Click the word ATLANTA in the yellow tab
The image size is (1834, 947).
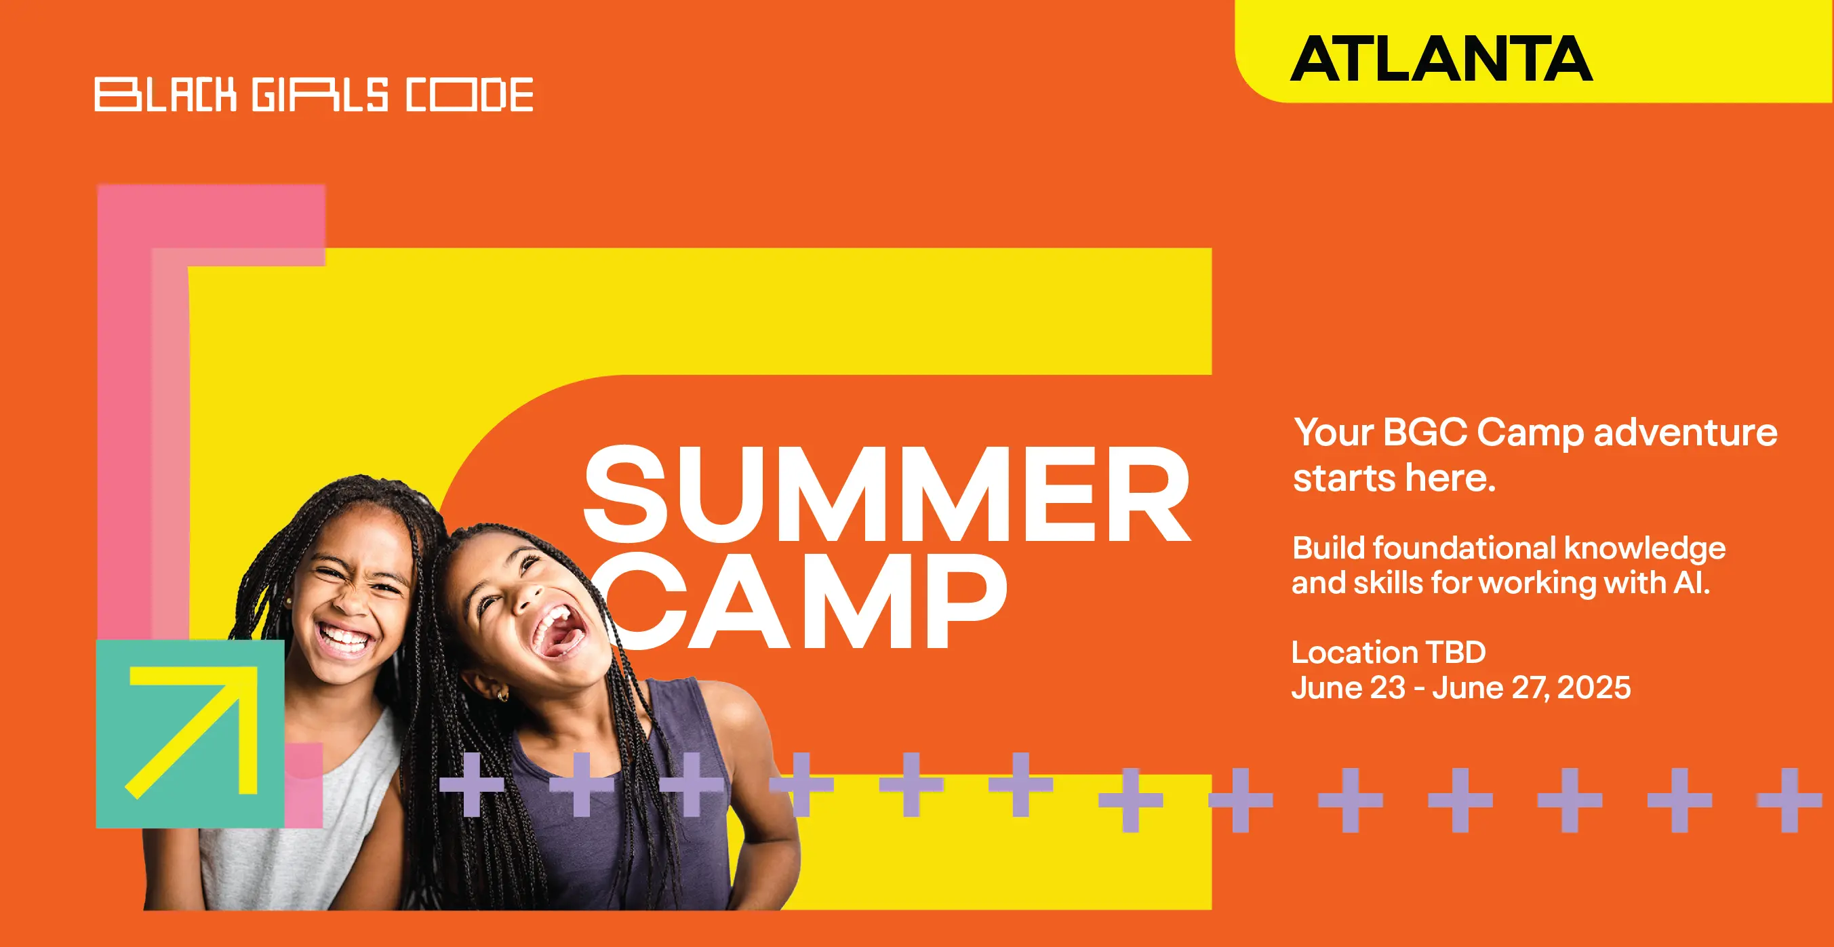[x=1441, y=58]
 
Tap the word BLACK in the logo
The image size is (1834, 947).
[x=165, y=95]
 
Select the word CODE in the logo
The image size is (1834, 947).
[x=469, y=95]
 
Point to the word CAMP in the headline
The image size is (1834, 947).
[x=805, y=602]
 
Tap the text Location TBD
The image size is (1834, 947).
[x=1389, y=652]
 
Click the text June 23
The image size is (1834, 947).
[x=1349, y=688]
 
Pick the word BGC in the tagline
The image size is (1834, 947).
[x=1424, y=432]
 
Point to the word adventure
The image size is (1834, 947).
[x=1686, y=432]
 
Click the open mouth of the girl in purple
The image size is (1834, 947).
[x=563, y=631]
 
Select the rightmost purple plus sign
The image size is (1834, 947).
[x=1789, y=800]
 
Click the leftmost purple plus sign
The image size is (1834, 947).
[x=471, y=784]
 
